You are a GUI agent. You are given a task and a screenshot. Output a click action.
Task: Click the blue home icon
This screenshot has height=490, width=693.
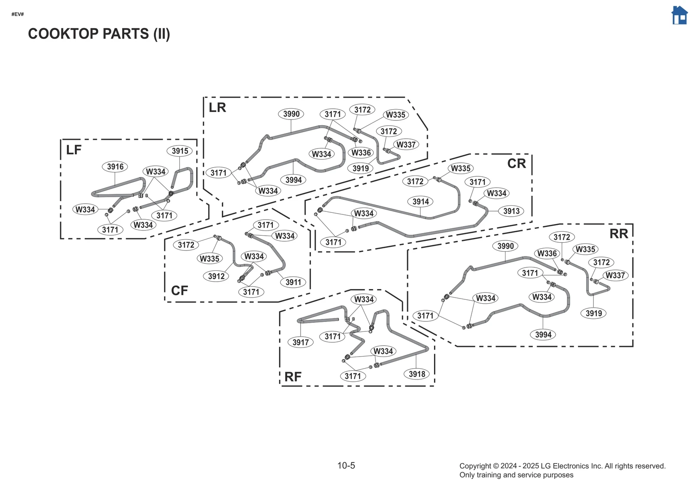click(x=679, y=16)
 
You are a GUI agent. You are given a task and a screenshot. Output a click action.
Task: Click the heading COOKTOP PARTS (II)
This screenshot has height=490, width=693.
click(x=99, y=34)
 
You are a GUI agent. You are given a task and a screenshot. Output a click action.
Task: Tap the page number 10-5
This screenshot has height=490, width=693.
click(x=346, y=465)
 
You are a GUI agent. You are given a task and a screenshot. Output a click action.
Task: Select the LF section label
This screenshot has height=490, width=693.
click(x=74, y=150)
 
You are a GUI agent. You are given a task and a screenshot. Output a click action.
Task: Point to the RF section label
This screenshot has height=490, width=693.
click(x=293, y=377)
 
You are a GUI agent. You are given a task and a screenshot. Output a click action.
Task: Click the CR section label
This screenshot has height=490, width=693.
click(x=516, y=164)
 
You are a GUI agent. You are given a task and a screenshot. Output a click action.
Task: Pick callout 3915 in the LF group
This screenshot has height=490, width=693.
click(x=180, y=151)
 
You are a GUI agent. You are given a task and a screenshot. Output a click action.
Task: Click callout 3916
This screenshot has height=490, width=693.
click(x=115, y=166)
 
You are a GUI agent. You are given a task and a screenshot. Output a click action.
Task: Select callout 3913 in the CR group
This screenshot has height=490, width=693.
click(x=511, y=211)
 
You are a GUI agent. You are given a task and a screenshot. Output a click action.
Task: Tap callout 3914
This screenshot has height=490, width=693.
click(x=421, y=201)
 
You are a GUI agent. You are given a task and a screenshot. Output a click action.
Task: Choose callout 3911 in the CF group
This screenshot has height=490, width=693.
click(x=293, y=282)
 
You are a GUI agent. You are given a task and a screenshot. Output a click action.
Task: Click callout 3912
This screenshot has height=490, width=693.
click(x=216, y=276)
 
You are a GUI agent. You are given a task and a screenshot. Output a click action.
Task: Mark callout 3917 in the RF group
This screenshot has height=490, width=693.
click(x=301, y=342)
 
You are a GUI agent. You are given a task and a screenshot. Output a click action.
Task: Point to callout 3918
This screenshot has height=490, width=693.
click(x=417, y=374)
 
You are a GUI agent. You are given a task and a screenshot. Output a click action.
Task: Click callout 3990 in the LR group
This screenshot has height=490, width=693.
click(x=291, y=114)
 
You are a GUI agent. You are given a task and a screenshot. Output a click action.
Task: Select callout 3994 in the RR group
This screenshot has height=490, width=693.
click(x=543, y=334)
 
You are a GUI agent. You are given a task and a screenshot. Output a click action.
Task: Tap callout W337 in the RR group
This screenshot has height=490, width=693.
click(x=615, y=275)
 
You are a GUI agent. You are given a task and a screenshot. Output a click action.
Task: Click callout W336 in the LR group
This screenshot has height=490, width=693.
click(x=361, y=153)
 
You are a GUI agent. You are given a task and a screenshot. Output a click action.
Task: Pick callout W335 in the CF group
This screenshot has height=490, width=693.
click(x=210, y=259)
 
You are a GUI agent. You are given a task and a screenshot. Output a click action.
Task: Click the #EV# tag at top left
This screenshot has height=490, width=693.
click(x=17, y=14)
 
